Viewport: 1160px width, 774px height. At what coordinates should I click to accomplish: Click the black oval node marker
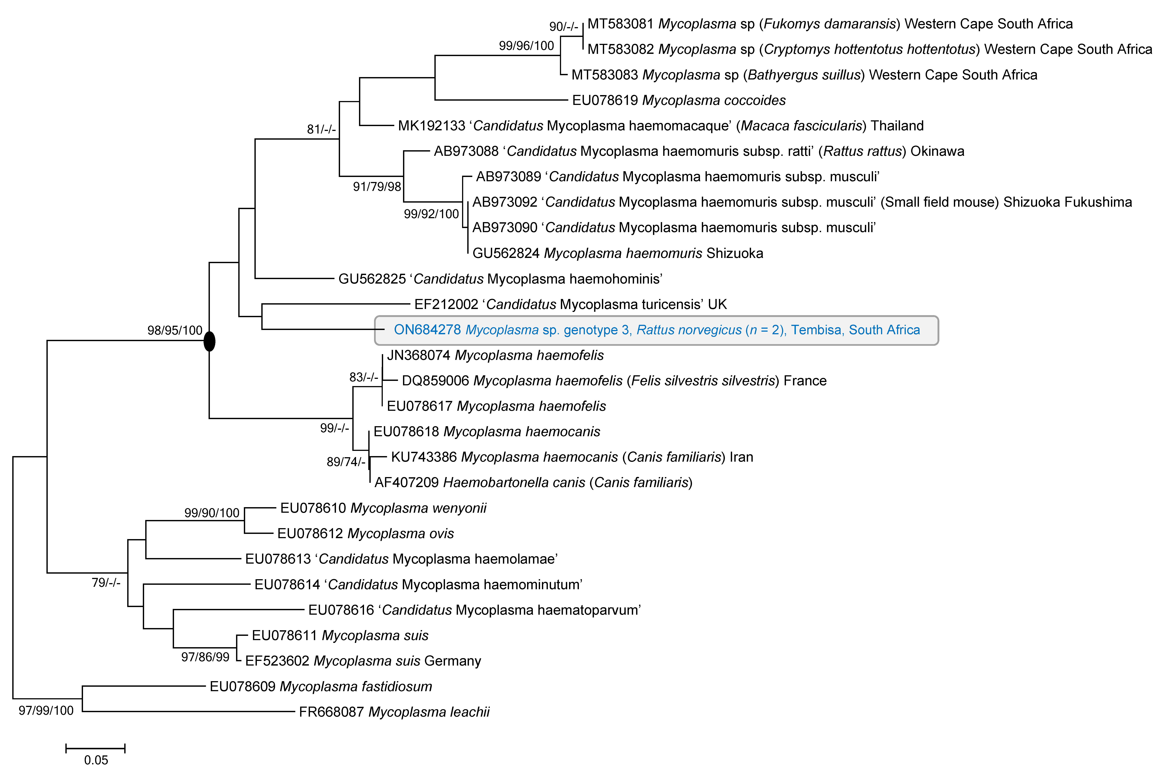pyautogui.click(x=209, y=341)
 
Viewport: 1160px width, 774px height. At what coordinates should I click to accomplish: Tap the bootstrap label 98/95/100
pyautogui.click(x=175, y=330)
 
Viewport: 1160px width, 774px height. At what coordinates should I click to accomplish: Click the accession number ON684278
pyautogui.click(x=427, y=330)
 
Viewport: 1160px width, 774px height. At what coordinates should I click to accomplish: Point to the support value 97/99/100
pyautogui.click(x=46, y=710)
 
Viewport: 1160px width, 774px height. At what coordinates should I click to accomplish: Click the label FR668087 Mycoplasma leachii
pyautogui.click(x=394, y=712)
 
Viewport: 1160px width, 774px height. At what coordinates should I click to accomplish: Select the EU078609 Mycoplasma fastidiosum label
pyautogui.click(x=321, y=686)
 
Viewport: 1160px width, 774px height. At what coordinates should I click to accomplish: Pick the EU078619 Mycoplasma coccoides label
pyautogui.click(x=679, y=100)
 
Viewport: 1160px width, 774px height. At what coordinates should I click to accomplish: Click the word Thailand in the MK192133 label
pyautogui.click(x=897, y=126)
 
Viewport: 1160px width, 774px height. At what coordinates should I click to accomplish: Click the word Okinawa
pyautogui.click(x=937, y=151)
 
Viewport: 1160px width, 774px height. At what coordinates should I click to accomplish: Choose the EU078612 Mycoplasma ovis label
pyautogui.click(x=365, y=534)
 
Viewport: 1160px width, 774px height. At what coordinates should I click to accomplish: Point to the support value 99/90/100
pyautogui.click(x=212, y=513)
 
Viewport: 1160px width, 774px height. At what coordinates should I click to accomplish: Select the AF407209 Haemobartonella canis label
pyautogui.click(x=533, y=482)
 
